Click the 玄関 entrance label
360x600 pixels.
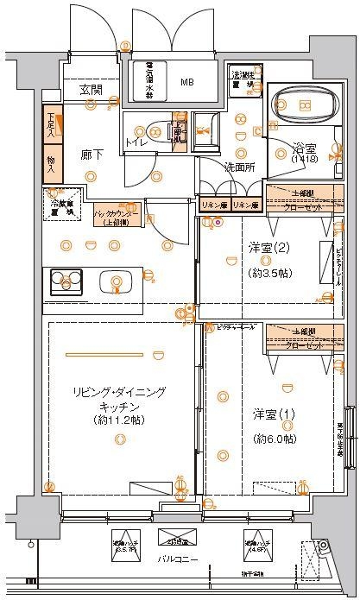click(x=91, y=89)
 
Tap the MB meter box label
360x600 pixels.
click(x=187, y=83)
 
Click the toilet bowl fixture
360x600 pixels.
click(x=154, y=132)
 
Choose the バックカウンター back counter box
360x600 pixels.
click(x=118, y=215)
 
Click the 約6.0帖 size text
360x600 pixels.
click(x=274, y=439)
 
